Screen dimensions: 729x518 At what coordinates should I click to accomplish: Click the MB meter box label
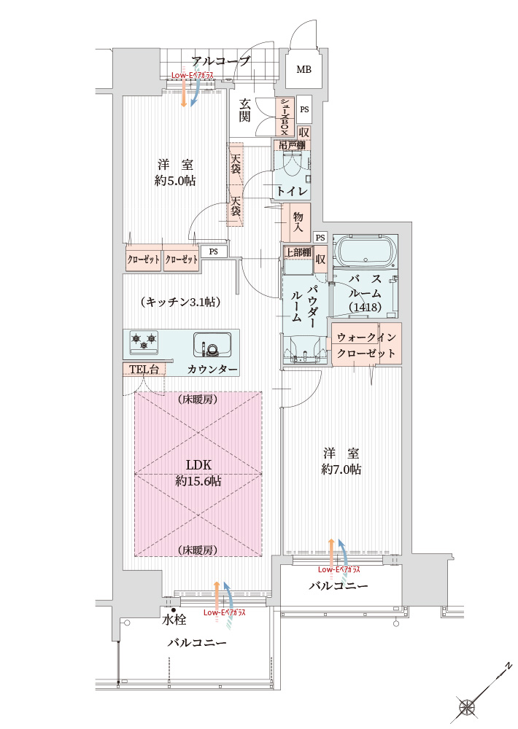pos(303,70)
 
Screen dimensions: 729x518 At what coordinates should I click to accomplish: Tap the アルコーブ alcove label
pos(221,61)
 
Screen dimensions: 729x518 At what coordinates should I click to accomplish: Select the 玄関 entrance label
pos(246,110)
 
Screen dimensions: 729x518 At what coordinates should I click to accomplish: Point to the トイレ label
pos(291,191)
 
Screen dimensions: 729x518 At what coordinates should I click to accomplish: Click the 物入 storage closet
pos(298,222)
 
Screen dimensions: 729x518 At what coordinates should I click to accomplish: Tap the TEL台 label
pos(144,370)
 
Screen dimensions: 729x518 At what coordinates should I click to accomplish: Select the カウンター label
pos(212,370)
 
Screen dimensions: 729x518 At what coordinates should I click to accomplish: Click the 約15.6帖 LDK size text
pos(198,481)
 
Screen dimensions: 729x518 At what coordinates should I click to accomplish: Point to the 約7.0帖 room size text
pos(341,469)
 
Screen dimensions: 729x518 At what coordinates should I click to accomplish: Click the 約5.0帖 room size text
pos(175,180)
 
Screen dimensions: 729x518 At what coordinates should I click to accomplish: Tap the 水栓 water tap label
pos(174,620)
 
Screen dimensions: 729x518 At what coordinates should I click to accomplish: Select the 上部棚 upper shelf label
pos(298,252)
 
